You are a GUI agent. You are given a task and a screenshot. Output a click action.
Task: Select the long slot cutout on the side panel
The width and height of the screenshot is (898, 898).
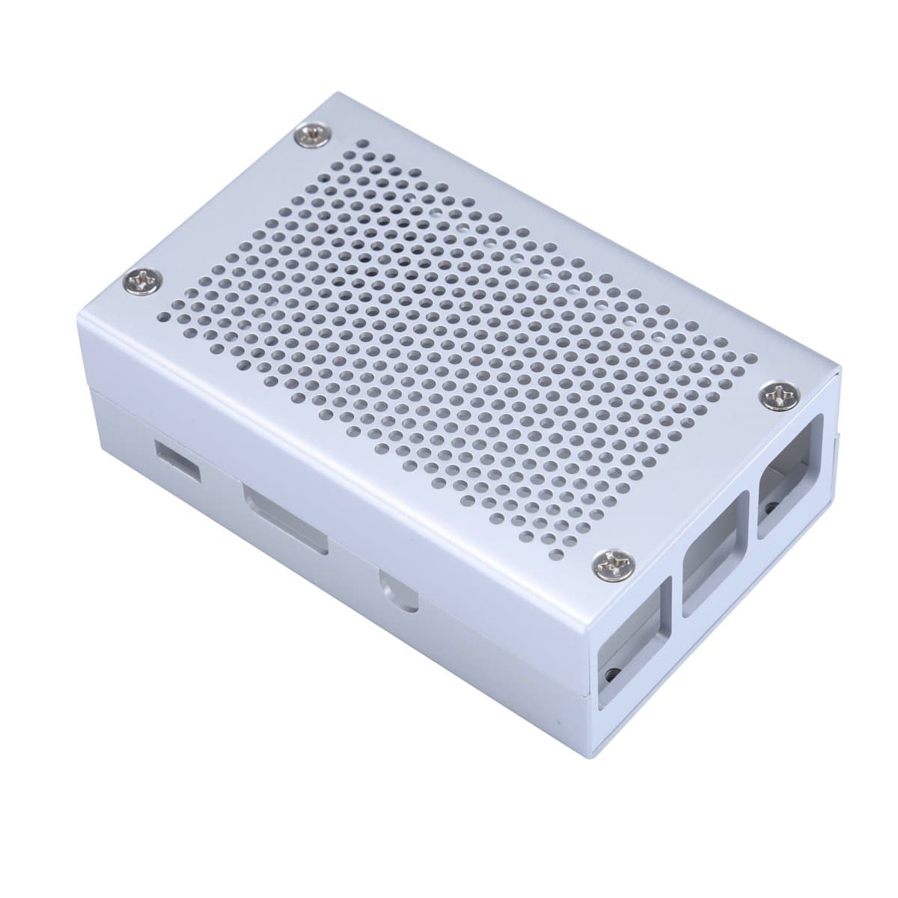pyautogui.click(x=284, y=520)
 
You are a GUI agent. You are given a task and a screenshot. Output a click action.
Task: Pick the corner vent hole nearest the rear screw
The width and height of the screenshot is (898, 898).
pyautogui.click(x=341, y=142)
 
